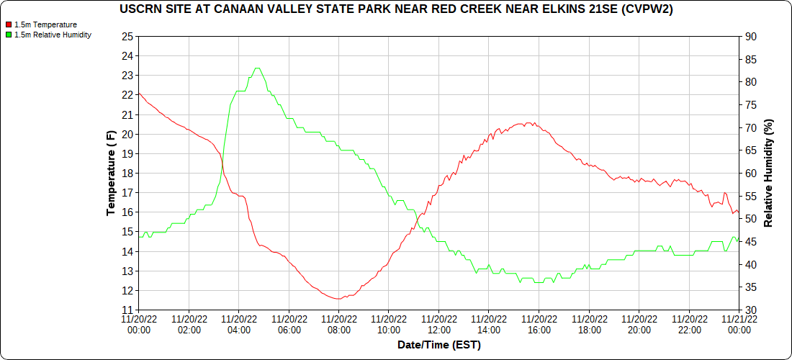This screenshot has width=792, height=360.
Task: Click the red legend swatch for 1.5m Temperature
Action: [9, 24]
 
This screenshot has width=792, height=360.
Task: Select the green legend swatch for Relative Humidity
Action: [9, 35]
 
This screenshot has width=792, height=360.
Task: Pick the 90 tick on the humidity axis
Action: [750, 36]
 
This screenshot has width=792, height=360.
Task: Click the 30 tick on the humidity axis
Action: [750, 310]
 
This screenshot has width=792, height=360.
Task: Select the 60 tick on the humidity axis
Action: [750, 174]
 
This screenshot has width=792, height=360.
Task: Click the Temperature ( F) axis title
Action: [111, 173]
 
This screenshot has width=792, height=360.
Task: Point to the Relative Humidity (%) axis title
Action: [768, 173]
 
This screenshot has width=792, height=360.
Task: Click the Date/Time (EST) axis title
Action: [438, 345]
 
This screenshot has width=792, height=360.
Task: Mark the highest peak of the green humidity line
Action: [257, 68]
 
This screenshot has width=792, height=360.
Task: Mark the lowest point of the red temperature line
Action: [338, 299]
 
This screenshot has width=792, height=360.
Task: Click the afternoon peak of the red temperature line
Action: [528, 123]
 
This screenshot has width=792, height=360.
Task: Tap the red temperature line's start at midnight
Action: [139, 93]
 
